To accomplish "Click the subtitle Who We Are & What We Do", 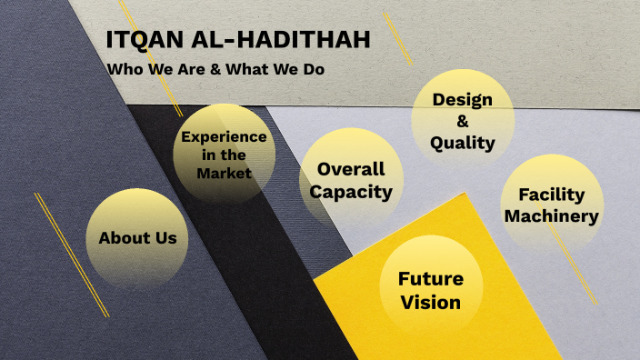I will pyautogui.click(x=215, y=69).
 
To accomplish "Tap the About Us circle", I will pyautogui.click(x=137, y=238).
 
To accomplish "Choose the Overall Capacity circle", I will pyautogui.click(x=351, y=180).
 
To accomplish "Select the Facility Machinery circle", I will pyautogui.click(x=551, y=205).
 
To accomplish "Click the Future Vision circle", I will pyautogui.click(x=430, y=290).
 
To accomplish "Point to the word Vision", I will pyautogui.click(x=430, y=302).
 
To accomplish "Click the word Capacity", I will pyautogui.click(x=351, y=192).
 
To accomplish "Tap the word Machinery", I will pyautogui.click(x=551, y=216).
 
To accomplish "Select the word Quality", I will pyautogui.click(x=462, y=143).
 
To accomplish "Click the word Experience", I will pyautogui.click(x=224, y=137).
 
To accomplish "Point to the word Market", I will pyautogui.click(x=224, y=173).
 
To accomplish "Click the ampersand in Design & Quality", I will pyautogui.click(x=462, y=121).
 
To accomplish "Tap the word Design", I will pyautogui.click(x=462, y=99).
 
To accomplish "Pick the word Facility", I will pyautogui.click(x=551, y=195).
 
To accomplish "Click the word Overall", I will pyautogui.click(x=351, y=169).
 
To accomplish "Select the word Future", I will pyautogui.click(x=430, y=279).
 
